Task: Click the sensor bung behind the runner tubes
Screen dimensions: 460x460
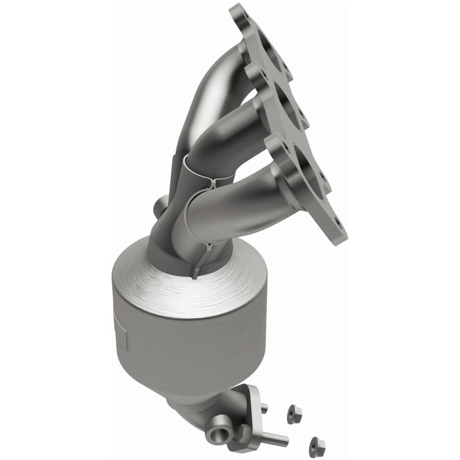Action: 162,205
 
